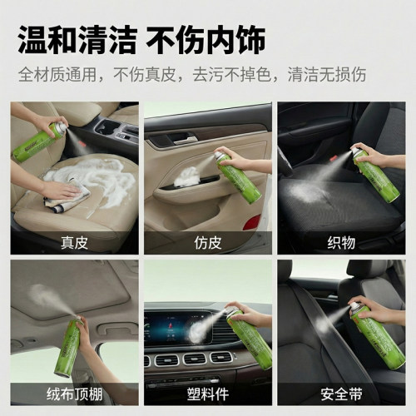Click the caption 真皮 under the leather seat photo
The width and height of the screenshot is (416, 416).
pos(74,243)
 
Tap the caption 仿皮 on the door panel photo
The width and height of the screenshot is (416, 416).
pos(208,243)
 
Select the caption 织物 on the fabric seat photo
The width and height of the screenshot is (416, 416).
pos(341,243)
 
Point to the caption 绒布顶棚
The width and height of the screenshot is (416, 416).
pos(74,394)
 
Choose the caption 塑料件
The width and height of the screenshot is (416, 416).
pos(208,394)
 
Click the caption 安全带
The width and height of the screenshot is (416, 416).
pos(341,394)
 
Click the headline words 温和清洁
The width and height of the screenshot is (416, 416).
pos(77,40)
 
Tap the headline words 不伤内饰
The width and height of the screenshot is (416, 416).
pos(206,40)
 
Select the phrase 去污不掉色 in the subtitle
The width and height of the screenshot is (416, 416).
pos(232,74)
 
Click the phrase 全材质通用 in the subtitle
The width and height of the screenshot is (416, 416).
pos(57,74)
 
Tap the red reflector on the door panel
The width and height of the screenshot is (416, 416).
pos(252,222)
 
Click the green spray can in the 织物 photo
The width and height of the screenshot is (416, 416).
pos(375,173)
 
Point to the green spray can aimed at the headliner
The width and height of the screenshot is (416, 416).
pos(68,347)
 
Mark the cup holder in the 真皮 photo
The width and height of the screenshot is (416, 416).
pos(103,127)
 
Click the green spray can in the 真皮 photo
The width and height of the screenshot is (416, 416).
pos(39,141)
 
